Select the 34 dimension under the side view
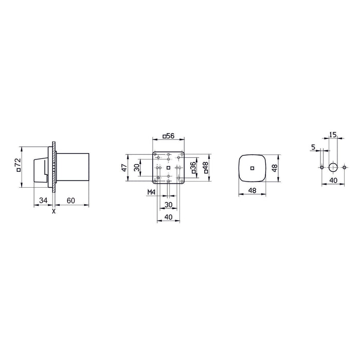tap(43, 200)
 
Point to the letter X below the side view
tap(54, 210)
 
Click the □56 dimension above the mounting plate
tap(168, 136)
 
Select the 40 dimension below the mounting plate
tap(168, 218)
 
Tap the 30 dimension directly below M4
tap(168, 204)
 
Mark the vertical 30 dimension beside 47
tap(137, 167)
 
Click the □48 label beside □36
tap(206, 168)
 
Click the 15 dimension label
tap(332, 135)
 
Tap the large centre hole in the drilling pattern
tap(333, 167)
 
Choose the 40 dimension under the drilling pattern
tap(333, 180)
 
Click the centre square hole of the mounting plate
tap(168, 168)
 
